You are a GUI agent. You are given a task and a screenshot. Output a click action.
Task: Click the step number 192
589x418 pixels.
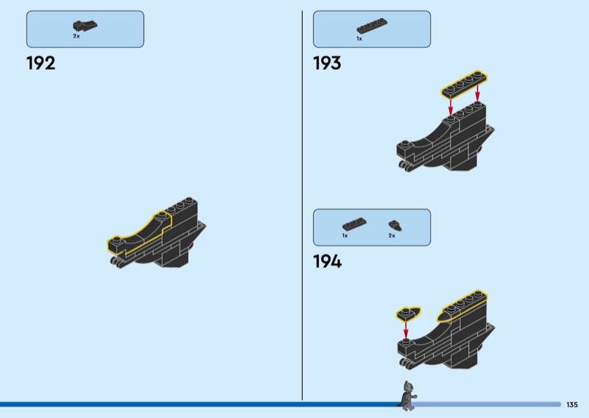(40, 63)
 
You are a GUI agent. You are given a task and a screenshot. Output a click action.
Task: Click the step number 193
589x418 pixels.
(327, 63)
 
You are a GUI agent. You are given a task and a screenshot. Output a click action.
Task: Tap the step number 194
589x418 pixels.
(328, 261)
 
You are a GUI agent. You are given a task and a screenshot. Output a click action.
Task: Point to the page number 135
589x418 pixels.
(572, 405)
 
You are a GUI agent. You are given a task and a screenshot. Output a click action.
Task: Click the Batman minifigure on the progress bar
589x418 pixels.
(407, 396)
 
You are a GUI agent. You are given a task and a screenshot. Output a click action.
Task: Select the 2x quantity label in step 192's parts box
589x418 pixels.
(77, 37)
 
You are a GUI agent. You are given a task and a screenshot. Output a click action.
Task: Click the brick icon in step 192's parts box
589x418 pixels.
(85, 26)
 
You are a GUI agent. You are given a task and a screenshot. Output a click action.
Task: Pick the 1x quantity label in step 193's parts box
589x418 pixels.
(359, 39)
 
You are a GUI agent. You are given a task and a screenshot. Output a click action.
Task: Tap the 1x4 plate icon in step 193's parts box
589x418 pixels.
(372, 26)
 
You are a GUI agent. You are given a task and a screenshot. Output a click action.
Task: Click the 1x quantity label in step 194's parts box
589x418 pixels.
(345, 235)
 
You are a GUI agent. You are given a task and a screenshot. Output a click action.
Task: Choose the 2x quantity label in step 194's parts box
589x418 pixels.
(392, 235)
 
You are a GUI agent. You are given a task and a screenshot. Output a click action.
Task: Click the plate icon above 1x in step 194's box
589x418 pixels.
(354, 224)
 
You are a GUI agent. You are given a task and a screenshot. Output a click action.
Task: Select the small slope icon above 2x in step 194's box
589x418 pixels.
(395, 226)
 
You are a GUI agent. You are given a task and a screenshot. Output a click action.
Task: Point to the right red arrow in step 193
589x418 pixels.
(477, 93)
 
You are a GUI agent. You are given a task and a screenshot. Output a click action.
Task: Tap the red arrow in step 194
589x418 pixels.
(406, 330)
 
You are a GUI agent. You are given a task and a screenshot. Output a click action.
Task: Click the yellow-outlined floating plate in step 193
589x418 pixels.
(465, 84)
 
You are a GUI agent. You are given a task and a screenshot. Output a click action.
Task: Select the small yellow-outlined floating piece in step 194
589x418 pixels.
(408, 313)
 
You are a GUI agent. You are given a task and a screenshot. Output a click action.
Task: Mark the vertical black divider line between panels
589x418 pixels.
(302, 205)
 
